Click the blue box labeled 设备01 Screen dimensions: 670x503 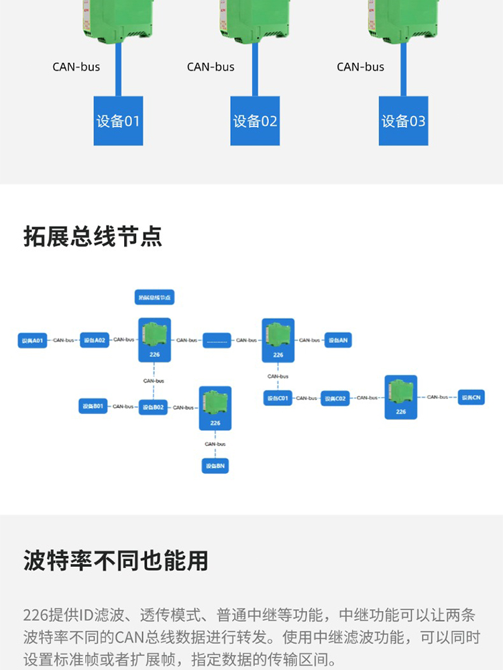point(118,121)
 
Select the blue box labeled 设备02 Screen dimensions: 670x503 point(255,121)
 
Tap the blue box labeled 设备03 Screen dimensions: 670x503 point(403,121)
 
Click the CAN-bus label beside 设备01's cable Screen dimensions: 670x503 point(76,67)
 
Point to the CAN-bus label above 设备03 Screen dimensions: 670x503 point(360,67)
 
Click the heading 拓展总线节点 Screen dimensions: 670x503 point(93,236)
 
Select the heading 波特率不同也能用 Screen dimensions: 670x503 point(115,560)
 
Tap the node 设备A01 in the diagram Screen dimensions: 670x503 point(32,340)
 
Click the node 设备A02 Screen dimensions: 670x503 point(94,340)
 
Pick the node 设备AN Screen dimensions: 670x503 point(338,340)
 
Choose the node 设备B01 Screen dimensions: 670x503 point(93,406)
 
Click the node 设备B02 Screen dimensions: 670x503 point(153,407)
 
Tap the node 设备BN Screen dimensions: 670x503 point(215,466)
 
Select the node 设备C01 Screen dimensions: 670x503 point(278,399)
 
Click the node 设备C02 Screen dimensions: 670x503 point(336,399)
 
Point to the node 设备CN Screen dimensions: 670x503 point(471,397)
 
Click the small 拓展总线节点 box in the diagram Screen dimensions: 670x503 point(154,297)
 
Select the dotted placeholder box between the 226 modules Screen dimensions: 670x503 point(217,340)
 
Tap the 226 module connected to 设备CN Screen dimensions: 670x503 point(400,397)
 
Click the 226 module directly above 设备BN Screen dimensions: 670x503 point(215,408)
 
